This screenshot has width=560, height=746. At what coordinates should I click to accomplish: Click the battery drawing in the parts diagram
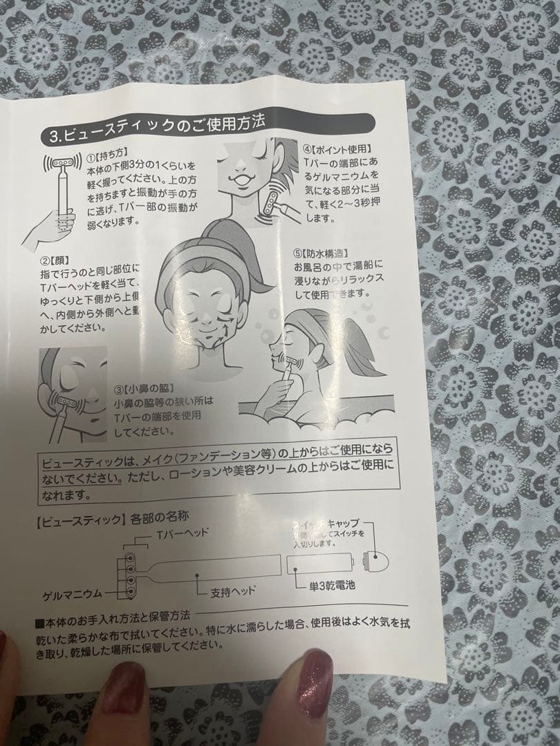pyautogui.click(x=322, y=560)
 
